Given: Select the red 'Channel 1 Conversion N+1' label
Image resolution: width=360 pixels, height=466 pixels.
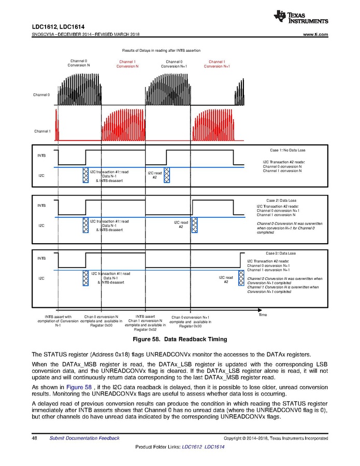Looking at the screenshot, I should (x=217, y=64).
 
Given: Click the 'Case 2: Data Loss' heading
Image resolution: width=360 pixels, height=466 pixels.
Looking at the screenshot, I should (x=281, y=200).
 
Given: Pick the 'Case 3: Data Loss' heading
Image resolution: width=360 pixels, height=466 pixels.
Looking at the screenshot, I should (x=281, y=253).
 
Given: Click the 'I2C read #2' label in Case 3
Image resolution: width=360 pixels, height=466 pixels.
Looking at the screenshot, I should (x=226, y=280).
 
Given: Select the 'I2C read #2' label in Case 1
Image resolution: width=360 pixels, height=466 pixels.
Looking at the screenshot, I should (x=154, y=175).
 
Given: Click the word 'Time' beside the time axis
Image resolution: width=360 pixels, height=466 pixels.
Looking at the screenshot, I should (x=262, y=315).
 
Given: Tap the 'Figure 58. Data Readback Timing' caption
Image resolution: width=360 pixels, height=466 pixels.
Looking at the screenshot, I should (x=180, y=340).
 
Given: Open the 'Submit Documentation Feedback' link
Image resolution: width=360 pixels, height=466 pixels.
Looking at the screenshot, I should (x=84, y=438).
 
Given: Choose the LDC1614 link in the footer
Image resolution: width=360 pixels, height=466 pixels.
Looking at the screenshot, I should (x=214, y=447).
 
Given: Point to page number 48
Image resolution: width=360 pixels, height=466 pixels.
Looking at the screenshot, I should (x=35, y=438).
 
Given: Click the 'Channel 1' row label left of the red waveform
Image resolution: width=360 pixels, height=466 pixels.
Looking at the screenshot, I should (x=42, y=131).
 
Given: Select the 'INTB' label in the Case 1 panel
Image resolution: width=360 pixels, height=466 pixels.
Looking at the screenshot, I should (x=41, y=155).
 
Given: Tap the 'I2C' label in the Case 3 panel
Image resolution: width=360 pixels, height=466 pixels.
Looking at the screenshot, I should (x=41, y=278).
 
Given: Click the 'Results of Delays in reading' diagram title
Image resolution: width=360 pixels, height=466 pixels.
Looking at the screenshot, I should (x=161, y=50).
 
